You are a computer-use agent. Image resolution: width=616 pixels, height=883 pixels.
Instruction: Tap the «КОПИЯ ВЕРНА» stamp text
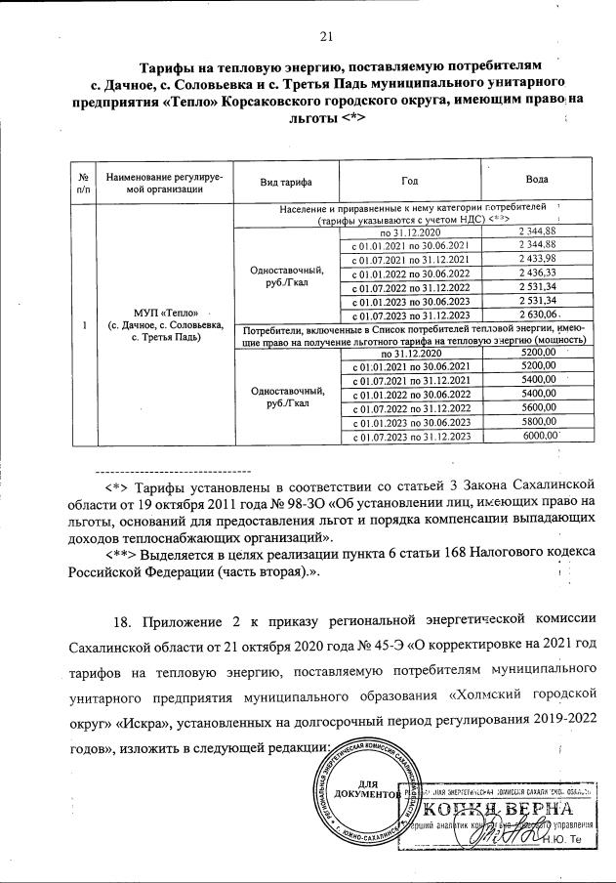pyautogui.click(x=508, y=810)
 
